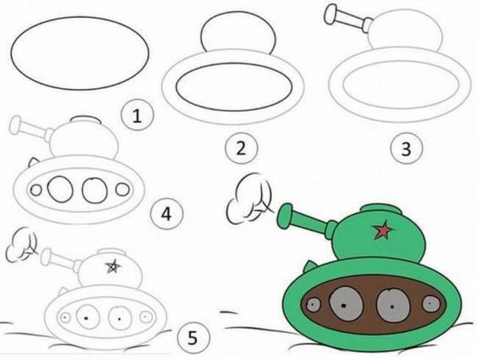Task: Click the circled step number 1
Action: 136,117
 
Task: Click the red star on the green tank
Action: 385,231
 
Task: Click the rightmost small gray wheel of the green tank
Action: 431,303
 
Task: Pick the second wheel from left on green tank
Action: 344,304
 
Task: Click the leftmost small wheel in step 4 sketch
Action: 37,190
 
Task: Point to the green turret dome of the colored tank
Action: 374,227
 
